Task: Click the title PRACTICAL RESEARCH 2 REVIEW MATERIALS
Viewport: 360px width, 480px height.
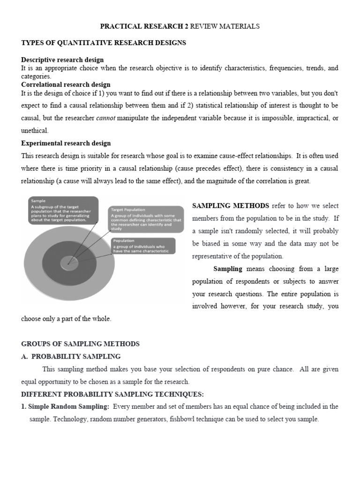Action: tap(180, 27)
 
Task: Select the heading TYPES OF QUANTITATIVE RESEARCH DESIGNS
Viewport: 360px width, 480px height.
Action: tap(104, 43)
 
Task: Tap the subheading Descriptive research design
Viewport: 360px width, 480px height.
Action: tap(62, 60)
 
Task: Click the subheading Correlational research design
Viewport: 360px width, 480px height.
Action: tap(66, 84)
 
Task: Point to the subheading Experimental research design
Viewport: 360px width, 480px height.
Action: tap(66, 143)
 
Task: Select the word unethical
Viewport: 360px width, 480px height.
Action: tap(35, 131)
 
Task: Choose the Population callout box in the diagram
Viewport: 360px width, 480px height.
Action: tap(142, 246)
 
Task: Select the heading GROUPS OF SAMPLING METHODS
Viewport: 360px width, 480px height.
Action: tap(81, 344)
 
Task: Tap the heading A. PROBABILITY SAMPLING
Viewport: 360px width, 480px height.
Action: tap(71, 356)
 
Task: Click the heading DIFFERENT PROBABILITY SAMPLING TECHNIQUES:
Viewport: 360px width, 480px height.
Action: tap(112, 394)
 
